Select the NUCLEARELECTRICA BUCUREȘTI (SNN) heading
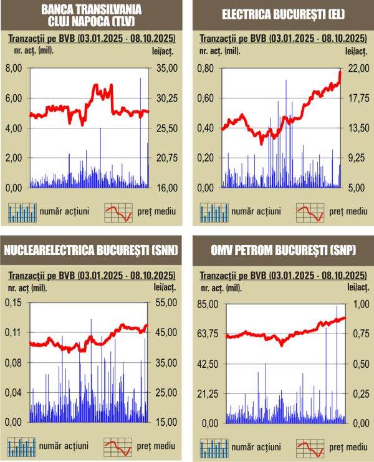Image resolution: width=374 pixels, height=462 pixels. (x=91, y=251)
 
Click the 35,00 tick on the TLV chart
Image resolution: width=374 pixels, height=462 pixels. (x=165, y=68)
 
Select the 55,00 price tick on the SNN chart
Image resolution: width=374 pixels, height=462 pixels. (x=165, y=302)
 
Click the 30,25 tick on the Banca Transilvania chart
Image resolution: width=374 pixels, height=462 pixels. (x=165, y=98)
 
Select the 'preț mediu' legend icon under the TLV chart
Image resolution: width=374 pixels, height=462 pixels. (x=118, y=212)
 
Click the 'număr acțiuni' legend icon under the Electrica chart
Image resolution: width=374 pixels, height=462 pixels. (x=214, y=212)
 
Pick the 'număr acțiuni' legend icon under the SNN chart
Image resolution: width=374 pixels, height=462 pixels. (x=22, y=447)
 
